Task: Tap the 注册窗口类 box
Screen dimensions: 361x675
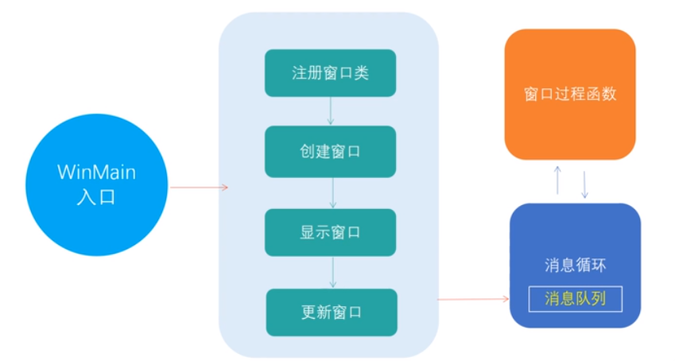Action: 330,73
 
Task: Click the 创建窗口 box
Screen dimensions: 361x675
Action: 330,151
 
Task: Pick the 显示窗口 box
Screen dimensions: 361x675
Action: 331,232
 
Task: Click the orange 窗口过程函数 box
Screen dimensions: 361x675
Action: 570,94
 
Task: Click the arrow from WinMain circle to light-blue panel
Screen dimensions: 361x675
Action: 199,188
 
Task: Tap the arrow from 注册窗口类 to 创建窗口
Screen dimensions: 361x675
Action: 331,111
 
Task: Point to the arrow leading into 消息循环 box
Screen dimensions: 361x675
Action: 473,299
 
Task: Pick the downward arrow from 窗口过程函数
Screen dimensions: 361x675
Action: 585,184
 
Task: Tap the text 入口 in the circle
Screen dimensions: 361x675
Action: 96,199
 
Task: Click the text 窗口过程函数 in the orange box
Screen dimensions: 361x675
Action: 570,94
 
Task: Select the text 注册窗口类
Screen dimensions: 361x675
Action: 330,73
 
